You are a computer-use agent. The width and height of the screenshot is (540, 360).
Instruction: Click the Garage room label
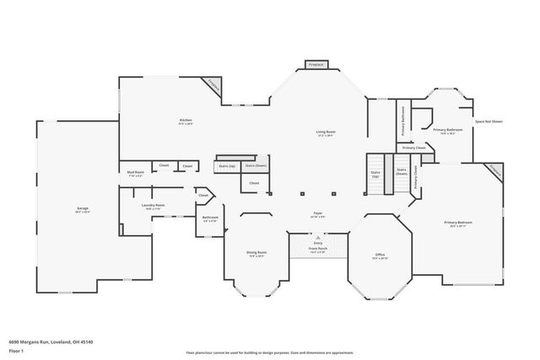(82, 209)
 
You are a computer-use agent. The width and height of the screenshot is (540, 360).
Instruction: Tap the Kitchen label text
(186, 121)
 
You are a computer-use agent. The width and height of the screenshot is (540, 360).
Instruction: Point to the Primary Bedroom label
(458, 223)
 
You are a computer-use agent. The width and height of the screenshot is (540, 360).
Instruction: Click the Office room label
(381, 255)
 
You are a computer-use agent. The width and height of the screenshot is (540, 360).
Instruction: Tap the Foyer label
(318, 213)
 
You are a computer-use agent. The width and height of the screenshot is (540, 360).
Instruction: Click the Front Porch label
(318, 249)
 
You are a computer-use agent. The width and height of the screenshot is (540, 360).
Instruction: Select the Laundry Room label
(153, 206)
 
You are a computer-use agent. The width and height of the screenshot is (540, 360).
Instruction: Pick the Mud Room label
(135, 174)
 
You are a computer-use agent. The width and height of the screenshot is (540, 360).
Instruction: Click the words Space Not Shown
(488, 121)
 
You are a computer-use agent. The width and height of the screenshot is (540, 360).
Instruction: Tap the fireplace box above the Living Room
(316, 64)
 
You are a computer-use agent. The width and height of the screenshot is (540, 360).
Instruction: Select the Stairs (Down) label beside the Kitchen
(255, 166)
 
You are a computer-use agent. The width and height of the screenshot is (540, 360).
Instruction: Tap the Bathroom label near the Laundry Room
(210, 218)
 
